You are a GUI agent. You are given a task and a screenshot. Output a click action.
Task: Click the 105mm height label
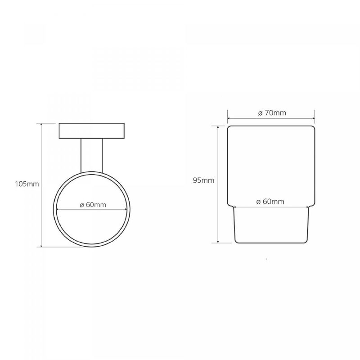click(x=27, y=184)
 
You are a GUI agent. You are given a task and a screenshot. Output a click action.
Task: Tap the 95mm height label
click(x=204, y=180)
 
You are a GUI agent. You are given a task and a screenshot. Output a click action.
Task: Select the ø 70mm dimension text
click(x=272, y=113)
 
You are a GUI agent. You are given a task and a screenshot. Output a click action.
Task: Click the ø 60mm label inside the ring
click(x=93, y=205)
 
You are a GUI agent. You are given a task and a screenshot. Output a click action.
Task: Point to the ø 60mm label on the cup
click(x=270, y=202)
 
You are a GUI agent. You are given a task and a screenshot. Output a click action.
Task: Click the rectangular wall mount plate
click(x=92, y=131)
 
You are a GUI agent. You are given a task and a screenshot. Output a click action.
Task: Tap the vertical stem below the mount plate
click(x=92, y=155)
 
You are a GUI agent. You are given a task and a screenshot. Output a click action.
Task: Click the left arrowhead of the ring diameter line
click(x=58, y=209)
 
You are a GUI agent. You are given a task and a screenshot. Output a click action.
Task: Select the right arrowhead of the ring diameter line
click(x=126, y=209)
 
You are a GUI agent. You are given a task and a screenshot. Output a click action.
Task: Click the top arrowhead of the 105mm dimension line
click(x=41, y=125)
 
